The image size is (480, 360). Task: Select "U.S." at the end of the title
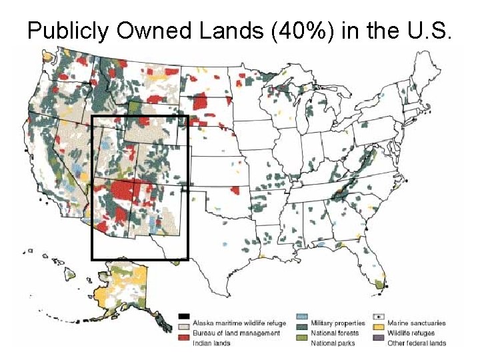429,31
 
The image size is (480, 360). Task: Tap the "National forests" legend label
335,333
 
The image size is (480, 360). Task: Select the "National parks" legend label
332,343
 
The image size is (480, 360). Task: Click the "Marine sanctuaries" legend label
417,323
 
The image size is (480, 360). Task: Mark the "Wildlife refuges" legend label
411,333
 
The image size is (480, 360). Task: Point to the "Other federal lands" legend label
417,343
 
